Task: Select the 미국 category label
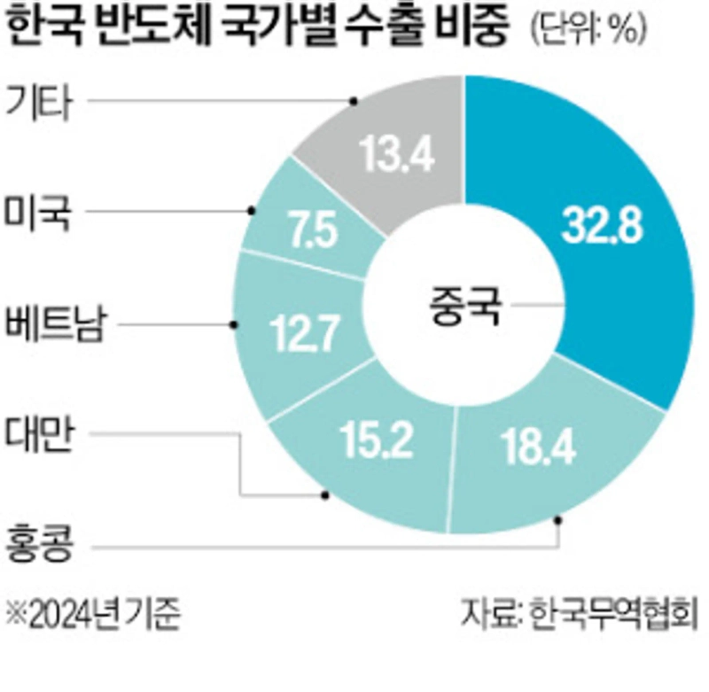coord(42,213)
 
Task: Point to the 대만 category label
coord(42,436)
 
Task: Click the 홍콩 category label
coord(42,547)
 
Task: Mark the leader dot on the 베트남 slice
coord(234,325)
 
